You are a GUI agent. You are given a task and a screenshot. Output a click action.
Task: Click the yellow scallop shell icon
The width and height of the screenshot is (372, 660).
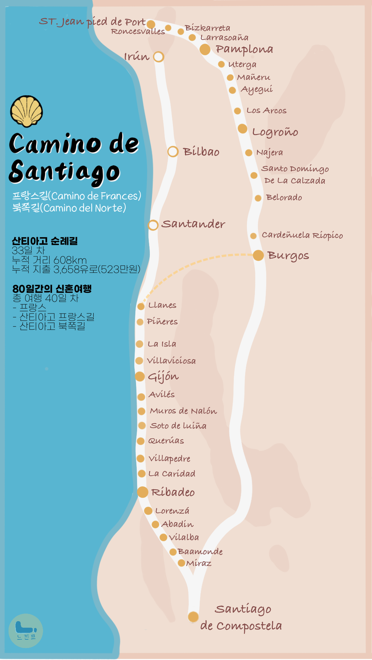click(27, 111)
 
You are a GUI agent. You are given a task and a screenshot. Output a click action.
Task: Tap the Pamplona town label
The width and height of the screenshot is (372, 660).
click(244, 49)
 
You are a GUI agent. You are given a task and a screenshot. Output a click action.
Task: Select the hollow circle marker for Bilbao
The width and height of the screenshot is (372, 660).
click(173, 152)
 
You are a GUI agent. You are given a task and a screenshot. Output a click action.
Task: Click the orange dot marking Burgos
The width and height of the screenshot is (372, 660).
click(258, 255)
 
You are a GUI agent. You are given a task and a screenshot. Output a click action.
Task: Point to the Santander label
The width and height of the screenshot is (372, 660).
click(193, 224)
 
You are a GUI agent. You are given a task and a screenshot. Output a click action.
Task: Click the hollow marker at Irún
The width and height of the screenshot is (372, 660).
click(158, 57)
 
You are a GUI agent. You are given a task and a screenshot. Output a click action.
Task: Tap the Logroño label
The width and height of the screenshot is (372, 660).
click(275, 132)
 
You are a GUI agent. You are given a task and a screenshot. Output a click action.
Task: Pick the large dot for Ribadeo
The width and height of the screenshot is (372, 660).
click(143, 492)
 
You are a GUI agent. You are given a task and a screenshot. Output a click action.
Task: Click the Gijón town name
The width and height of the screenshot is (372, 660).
click(163, 377)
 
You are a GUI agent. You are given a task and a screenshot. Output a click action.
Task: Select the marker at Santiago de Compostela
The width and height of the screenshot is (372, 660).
click(193, 617)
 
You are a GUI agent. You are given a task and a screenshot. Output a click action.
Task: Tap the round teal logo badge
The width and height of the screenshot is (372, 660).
click(26, 631)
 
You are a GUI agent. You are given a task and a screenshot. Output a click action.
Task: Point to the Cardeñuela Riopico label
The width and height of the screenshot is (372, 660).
click(302, 235)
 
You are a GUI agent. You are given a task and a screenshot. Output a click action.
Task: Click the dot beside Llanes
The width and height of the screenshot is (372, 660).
click(141, 306)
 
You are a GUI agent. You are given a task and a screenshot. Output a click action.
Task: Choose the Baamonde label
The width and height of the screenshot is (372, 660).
click(200, 552)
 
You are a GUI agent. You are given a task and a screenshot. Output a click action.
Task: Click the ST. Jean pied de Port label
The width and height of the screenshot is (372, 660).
click(92, 22)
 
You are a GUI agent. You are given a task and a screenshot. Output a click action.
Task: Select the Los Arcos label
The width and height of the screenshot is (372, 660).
click(266, 111)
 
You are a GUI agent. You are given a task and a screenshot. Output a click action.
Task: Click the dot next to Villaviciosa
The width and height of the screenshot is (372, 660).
click(139, 361)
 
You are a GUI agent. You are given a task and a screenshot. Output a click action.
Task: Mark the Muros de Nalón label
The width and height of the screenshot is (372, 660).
click(183, 411)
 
